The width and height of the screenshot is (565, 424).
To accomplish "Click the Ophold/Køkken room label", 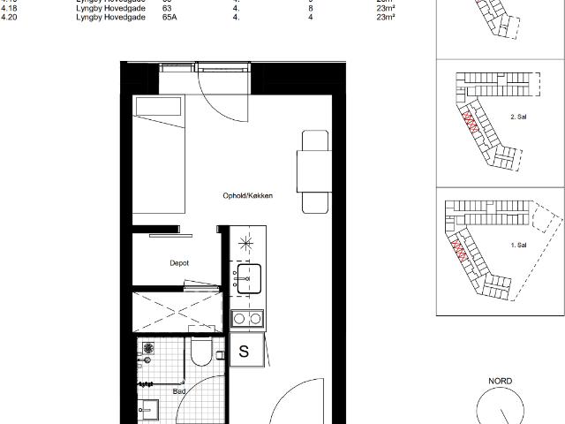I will (246, 196).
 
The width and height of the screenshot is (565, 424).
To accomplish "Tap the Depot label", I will (180, 263).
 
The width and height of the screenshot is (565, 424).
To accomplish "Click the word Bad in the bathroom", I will (179, 390).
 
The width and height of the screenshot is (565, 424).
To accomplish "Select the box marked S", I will (245, 352).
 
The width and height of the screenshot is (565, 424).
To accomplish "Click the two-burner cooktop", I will (246, 318).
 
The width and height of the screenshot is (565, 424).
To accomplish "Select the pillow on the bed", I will (159, 110).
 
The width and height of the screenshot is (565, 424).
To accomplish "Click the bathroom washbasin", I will (147, 412).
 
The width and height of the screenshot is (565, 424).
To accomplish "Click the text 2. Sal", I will (519, 117).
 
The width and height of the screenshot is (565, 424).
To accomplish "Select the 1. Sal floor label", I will (518, 245).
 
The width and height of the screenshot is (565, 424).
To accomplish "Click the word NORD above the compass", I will (501, 382).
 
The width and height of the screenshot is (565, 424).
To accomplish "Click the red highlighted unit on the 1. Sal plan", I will (459, 253).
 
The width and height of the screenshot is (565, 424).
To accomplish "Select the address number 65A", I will (169, 16).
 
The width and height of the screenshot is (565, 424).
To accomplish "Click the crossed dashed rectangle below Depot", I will (176, 311).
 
